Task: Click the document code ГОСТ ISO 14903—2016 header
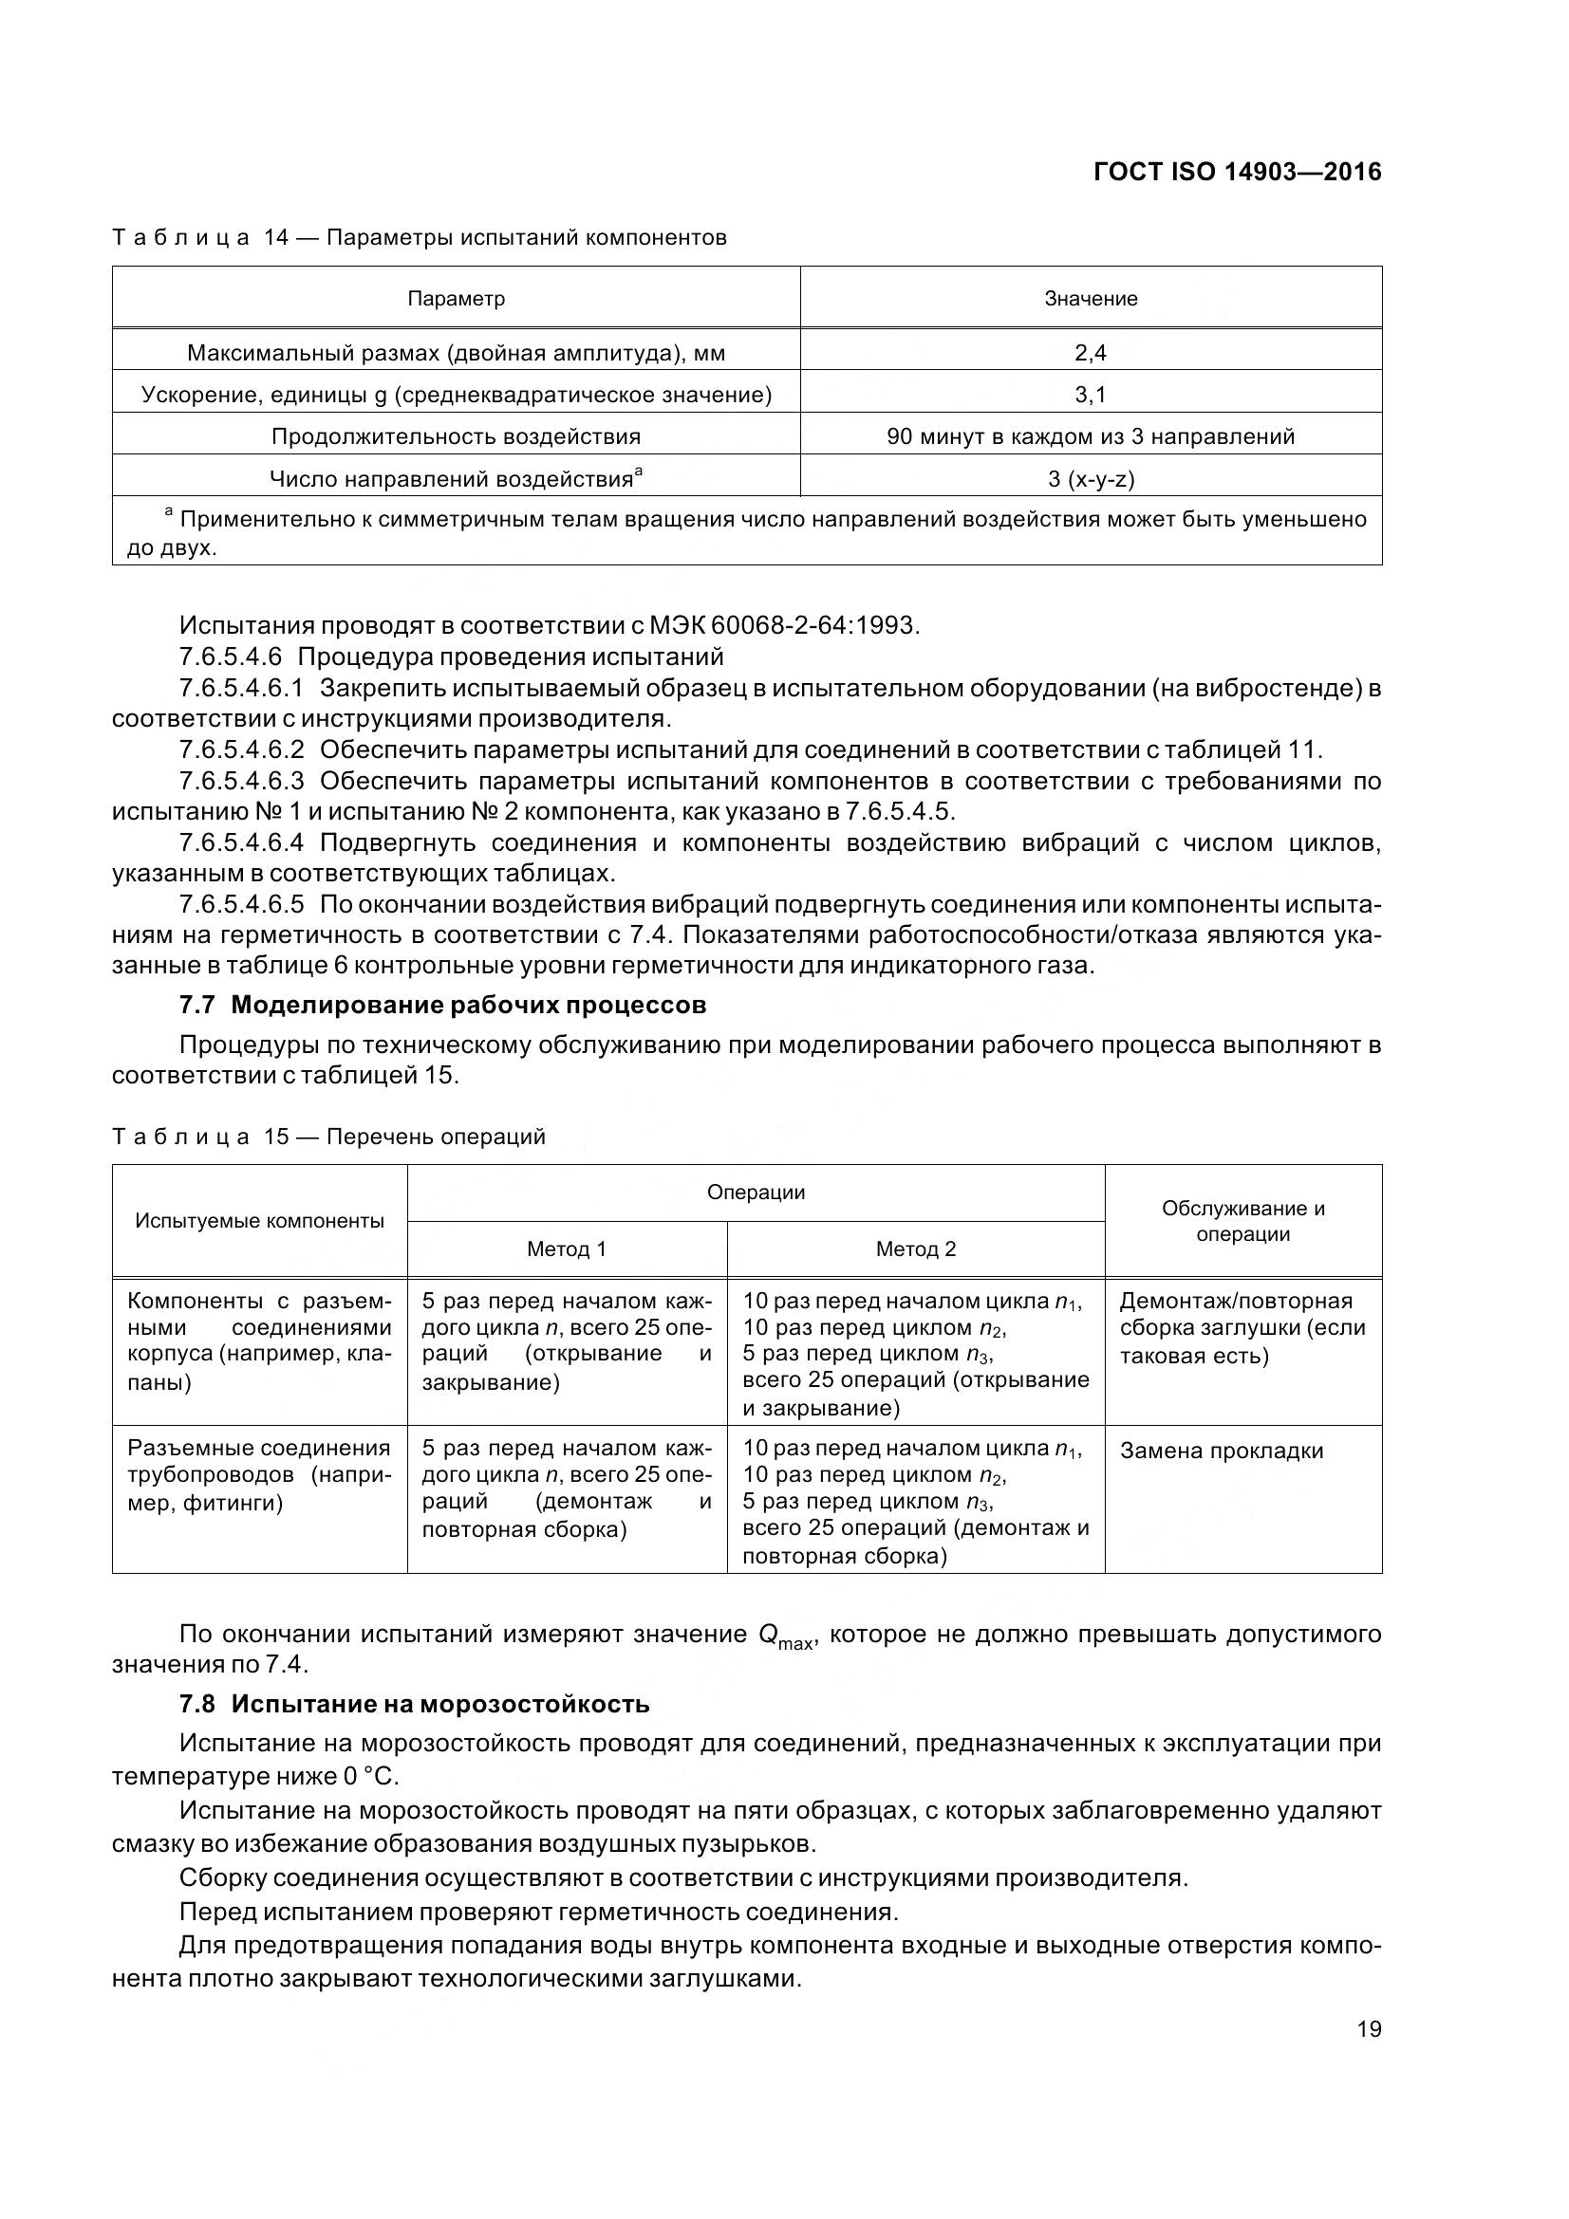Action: (x=1237, y=172)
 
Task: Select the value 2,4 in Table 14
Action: (x=1090, y=353)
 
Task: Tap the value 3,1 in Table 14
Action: (x=1090, y=395)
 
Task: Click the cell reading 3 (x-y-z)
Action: (x=1091, y=478)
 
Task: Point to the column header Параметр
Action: (x=456, y=299)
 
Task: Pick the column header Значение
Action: (x=1090, y=299)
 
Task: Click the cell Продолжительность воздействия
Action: (x=456, y=435)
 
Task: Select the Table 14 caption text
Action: (x=419, y=238)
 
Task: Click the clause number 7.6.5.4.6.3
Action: (x=242, y=780)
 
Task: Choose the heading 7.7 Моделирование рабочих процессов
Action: (x=442, y=1005)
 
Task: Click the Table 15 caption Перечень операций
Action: (x=435, y=1137)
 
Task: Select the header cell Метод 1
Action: (x=566, y=1248)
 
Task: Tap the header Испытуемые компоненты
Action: (x=259, y=1221)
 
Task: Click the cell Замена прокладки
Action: (x=1221, y=1451)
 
